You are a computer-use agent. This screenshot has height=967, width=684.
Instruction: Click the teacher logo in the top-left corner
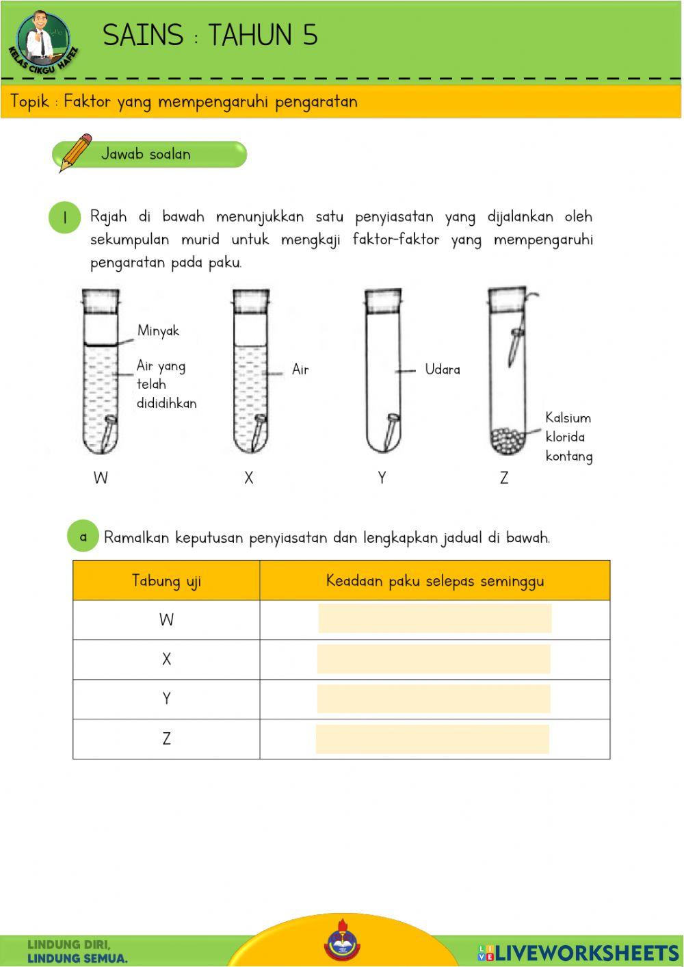pyautogui.click(x=43, y=40)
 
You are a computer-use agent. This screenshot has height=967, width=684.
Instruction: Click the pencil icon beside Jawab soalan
pyautogui.click(x=75, y=152)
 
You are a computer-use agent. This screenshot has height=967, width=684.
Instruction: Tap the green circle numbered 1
pyautogui.click(x=65, y=218)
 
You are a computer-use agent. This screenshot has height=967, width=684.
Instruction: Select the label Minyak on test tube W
pyautogui.click(x=158, y=331)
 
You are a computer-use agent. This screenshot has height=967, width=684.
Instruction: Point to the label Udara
pyautogui.click(x=443, y=370)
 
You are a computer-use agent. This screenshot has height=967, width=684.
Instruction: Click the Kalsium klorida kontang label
pyautogui.click(x=568, y=437)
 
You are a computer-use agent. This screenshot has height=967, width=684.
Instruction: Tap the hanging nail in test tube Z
pyautogui.click(x=513, y=346)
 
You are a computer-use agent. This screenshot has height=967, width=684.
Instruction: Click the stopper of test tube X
pyautogui.click(x=251, y=300)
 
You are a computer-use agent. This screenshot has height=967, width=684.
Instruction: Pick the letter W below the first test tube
pyautogui.click(x=101, y=478)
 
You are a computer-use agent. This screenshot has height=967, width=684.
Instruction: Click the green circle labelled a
pyautogui.click(x=83, y=537)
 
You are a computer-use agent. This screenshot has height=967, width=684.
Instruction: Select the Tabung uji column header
pyautogui.click(x=166, y=581)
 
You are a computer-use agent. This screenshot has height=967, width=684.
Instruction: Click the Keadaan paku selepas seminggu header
pyautogui.click(x=435, y=581)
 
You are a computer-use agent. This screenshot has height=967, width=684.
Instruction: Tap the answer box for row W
pyautogui.click(x=434, y=619)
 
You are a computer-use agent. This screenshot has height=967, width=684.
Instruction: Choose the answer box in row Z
pyautogui.click(x=432, y=740)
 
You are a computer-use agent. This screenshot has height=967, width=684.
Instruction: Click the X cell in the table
pyautogui.click(x=166, y=660)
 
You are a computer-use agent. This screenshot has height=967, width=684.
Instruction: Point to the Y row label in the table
pyautogui.click(x=166, y=699)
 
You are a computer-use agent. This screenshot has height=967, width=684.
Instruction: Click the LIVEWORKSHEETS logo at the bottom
pyautogui.click(x=578, y=952)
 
